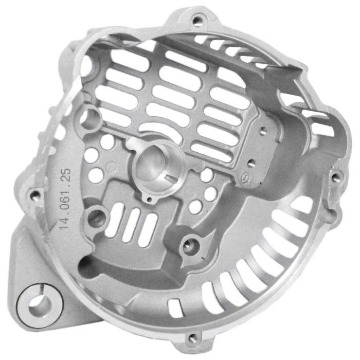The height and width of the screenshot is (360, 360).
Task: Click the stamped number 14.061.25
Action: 64,199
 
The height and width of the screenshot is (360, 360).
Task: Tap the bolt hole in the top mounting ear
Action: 196,21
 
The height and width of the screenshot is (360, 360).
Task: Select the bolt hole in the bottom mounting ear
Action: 192,337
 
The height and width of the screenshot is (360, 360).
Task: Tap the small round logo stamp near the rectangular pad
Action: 244,178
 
